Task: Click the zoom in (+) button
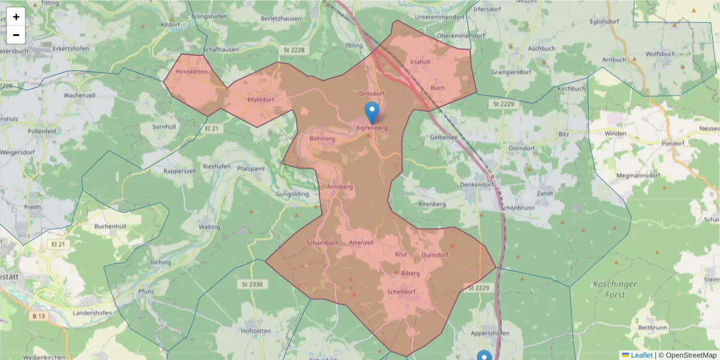[16, 17]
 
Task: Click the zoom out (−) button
[16, 35]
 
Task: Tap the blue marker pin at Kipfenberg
[372, 112]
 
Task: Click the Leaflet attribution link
[641, 355]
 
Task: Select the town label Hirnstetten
[191, 71]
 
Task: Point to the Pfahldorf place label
[260, 100]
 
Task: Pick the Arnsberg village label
[340, 187]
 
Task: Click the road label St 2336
[253, 283]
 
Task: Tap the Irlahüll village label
[420, 62]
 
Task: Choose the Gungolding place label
[292, 194]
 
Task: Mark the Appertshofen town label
[490, 333]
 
